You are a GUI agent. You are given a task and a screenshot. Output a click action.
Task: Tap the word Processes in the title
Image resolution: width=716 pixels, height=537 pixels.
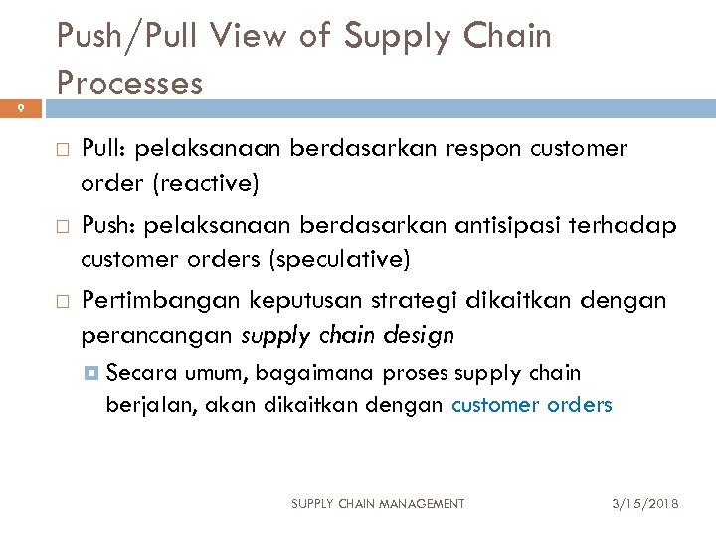pyautogui.click(x=129, y=82)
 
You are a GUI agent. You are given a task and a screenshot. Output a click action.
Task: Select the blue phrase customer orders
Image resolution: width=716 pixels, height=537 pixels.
pyautogui.click(x=532, y=405)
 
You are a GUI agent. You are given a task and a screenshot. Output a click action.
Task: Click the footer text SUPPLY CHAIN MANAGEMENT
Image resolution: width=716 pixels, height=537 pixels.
pyautogui.click(x=377, y=504)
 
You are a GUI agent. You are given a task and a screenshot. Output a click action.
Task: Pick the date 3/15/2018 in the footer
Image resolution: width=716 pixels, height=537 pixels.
pyautogui.click(x=645, y=504)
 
